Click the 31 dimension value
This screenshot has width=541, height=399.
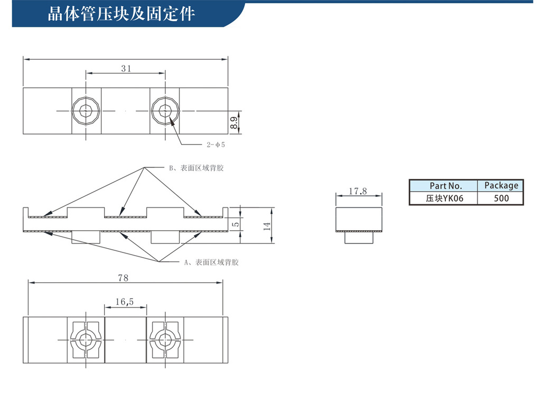(126, 68)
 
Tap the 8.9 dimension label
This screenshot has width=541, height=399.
(234, 123)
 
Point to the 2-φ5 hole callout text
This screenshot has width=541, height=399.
(216, 145)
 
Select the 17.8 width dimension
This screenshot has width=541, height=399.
(358, 191)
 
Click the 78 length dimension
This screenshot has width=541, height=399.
(123, 278)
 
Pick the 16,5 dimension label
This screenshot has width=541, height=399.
(125, 302)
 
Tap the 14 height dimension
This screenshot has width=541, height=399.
(267, 226)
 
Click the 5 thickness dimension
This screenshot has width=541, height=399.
(236, 224)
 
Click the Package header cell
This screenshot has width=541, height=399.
(501, 186)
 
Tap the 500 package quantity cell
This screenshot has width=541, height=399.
(501, 198)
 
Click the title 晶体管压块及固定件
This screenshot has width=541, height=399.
(122, 14)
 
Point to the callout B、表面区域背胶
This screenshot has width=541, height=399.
(197, 168)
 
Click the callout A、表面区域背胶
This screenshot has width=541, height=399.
(211, 262)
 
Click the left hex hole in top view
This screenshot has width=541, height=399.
(86, 111)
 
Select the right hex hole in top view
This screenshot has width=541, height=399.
(165, 111)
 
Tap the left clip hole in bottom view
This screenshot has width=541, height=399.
(86, 340)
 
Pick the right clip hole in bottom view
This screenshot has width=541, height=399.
(165, 340)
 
